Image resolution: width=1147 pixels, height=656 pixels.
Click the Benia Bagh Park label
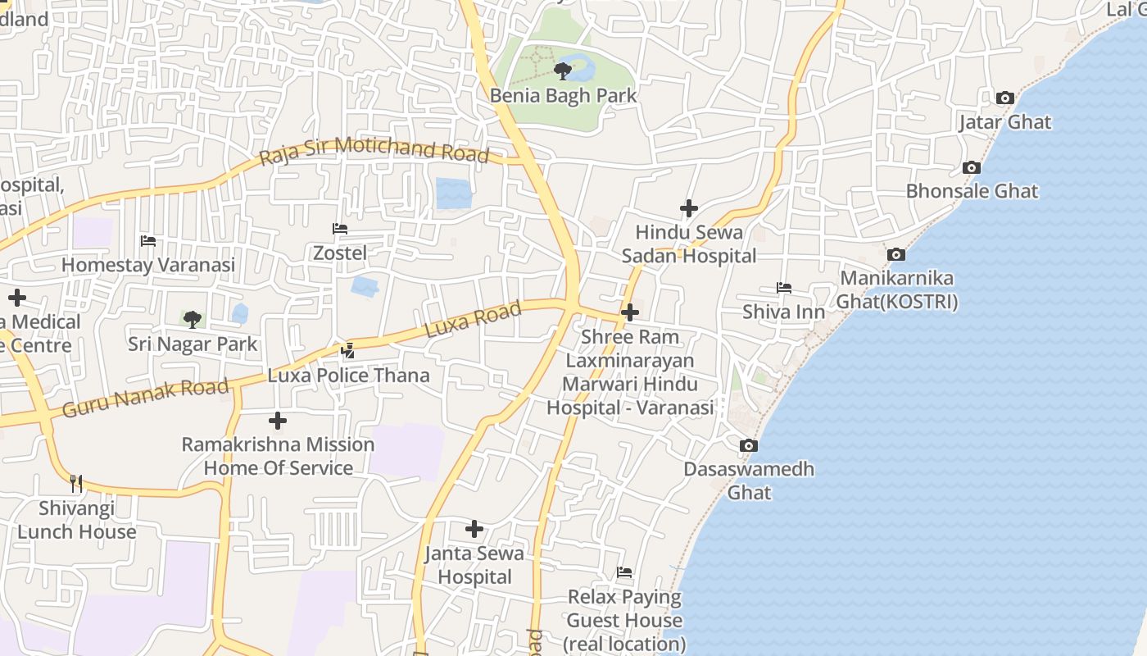point(563,95)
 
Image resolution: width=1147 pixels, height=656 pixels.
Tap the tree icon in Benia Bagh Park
point(563,71)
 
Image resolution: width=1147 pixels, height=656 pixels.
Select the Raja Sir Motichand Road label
point(374,152)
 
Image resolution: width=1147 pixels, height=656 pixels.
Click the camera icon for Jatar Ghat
point(1004,98)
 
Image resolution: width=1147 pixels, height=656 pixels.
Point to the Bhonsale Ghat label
point(972,191)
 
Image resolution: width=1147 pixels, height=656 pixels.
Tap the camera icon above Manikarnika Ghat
point(896,255)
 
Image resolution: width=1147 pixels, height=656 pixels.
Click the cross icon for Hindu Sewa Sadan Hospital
point(689,208)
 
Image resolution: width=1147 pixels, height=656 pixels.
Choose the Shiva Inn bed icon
point(784,288)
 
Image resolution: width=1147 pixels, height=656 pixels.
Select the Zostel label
point(340,253)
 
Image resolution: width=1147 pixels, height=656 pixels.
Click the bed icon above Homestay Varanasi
point(148,241)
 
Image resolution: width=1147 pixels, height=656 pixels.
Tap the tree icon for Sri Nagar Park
point(193,319)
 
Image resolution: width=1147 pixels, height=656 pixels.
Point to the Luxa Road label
point(473,320)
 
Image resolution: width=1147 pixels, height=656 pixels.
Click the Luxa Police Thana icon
point(348,351)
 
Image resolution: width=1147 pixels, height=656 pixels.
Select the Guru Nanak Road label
point(145,397)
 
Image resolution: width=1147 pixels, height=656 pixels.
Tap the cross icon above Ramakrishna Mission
point(278,421)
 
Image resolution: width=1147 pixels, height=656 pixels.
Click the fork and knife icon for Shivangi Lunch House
point(76,483)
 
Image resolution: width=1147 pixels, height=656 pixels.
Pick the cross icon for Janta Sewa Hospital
point(474,529)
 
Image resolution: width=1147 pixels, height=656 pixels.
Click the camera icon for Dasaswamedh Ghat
point(748,446)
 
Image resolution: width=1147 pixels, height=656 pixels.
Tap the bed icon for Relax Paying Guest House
point(624,572)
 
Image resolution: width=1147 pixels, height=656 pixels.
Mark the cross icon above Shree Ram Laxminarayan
point(630,312)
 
